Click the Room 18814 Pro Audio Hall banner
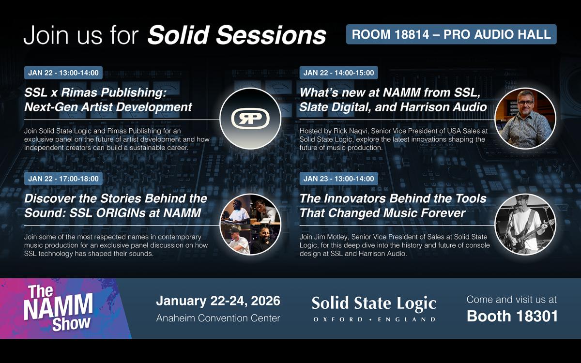(x=451, y=34)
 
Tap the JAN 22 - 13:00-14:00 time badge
(x=63, y=73)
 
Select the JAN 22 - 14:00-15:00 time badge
(x=338, y=73)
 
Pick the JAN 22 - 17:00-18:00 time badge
(x=63, y=179)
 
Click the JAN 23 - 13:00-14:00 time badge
(x=338, y=179)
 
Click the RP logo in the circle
(x=250, y=119)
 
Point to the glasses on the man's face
(x=525, y=103)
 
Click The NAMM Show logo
(x=58, y=308)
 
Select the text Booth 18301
(x=512, y=316)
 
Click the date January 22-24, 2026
(x=218, y=301)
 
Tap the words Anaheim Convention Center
(x=218, y=318)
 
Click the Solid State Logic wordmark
(x=374, y=303)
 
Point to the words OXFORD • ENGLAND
(x=374, y=319)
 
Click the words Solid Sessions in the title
(x=237, y=35)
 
